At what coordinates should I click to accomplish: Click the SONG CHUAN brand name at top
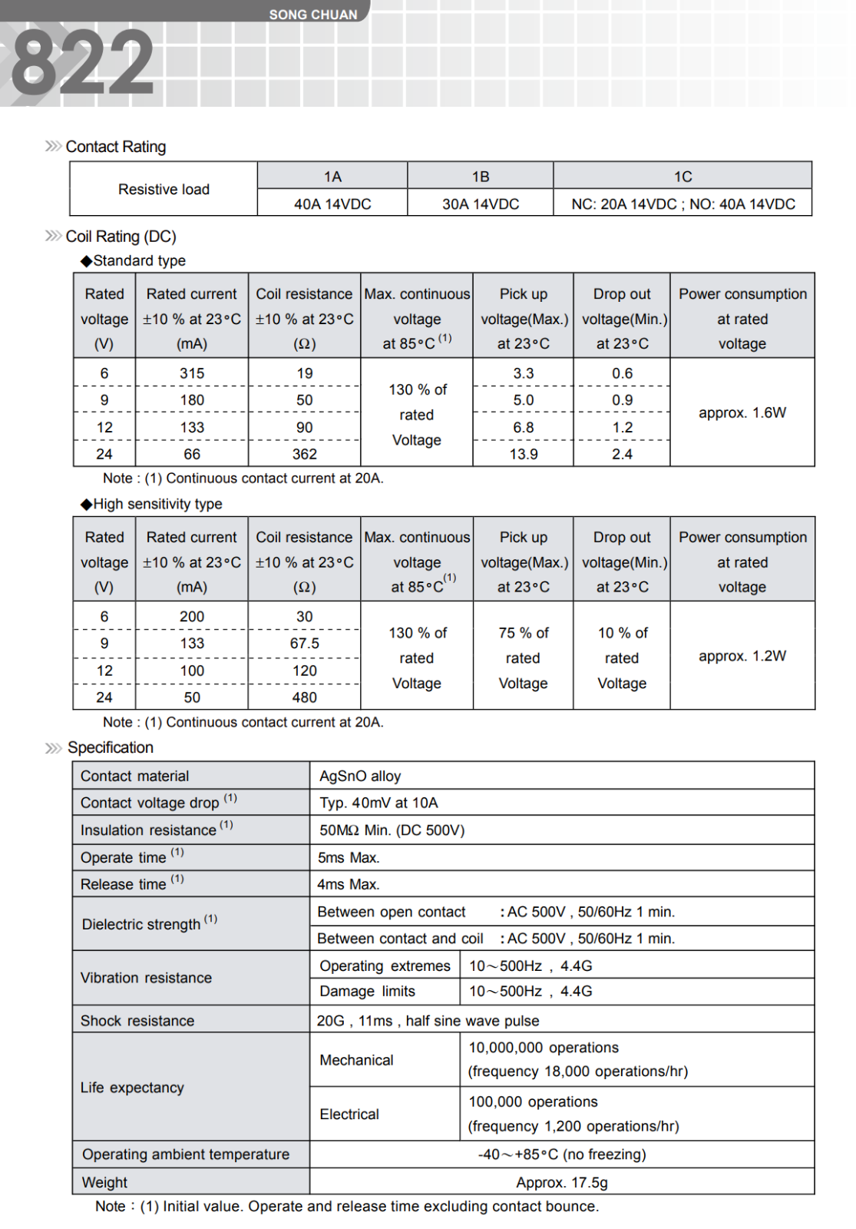coord(313,15)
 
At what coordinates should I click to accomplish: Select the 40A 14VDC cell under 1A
coord(332,204)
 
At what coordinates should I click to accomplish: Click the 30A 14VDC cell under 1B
coord(481,204)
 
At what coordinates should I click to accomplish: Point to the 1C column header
coord(682,177)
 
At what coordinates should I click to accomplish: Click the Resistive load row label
coord(164,190)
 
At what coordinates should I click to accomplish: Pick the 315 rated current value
coord(192,373)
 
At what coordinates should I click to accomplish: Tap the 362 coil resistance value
coord(305,454)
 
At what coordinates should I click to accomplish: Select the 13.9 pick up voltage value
coord(524,454)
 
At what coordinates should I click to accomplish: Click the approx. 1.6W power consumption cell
coord(742,412)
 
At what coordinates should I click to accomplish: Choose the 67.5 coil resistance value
coord(305,644)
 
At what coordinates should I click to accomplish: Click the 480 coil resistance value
coord(305,697)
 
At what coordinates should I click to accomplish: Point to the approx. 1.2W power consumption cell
coord(742,656)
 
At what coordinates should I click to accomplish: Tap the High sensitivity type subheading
coord(157,504)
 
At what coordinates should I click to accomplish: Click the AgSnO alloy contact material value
coord(360,776)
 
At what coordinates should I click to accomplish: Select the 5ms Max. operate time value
coord(349,857)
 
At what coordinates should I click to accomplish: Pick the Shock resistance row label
coord(137,1021)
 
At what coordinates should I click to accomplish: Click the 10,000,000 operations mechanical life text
coord(544,1048)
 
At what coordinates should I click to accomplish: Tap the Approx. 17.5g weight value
coord(562,1182)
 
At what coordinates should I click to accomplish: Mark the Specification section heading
coord(111,747)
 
